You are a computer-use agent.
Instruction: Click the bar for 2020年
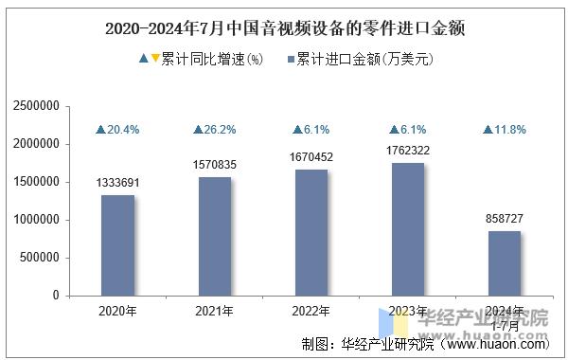click(118, 245)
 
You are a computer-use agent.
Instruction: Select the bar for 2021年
click(215, 236)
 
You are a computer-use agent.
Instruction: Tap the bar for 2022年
click(311, 232)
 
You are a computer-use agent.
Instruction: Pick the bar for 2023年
click(408, 229)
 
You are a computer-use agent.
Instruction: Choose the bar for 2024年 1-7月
click(505, 263)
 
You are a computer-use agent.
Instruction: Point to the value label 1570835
click(215, 165)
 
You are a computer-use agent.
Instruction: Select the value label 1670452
click(311, 157)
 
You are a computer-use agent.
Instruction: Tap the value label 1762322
click(408, 150)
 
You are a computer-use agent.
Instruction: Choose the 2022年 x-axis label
click(311, 311)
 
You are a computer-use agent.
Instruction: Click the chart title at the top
click(284, 27)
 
